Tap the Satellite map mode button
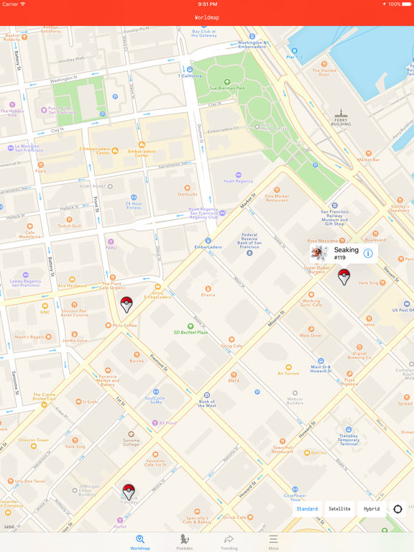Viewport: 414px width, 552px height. click(x=340, y=509)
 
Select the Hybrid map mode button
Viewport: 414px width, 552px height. click(x=372, y=509)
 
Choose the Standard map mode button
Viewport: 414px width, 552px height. click(x=308, y=509)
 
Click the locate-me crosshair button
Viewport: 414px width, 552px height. click(x=397, y=509)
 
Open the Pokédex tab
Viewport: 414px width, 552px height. click(x=185, y=541)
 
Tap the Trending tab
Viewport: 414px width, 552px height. click(x=229, y=541)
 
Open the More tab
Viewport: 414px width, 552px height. click(x=273, y=541)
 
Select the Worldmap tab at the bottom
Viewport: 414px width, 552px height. click(x=140, y=541)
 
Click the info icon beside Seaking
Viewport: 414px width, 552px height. click(x=368, y=253)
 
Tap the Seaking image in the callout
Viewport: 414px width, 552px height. click(x=320, y=253)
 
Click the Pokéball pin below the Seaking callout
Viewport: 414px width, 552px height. click(x=344, y=277)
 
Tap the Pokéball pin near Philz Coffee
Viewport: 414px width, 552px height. click(x=126, y=304)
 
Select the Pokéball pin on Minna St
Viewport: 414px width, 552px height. click(x=128, y=492)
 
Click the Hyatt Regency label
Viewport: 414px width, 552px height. click(x=239, y=182)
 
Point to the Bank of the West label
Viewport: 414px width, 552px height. click(x=207, y=404)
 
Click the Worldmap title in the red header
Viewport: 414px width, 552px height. click(x=207, y=17)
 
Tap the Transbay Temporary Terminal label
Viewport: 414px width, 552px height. click(x=349, y=439)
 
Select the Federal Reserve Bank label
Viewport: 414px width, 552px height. click(x=249, y=239)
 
